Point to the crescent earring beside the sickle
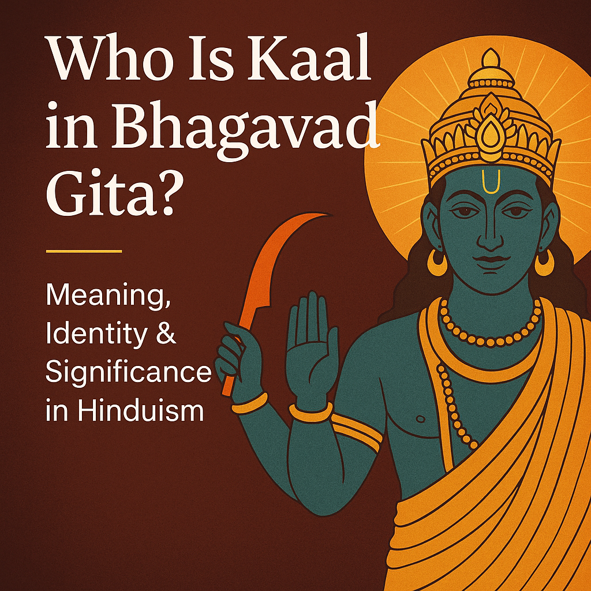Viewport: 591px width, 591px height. coord(437,263)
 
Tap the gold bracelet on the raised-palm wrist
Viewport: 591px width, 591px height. coord(311,411)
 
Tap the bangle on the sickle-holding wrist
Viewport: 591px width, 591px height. coord(250,402)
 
